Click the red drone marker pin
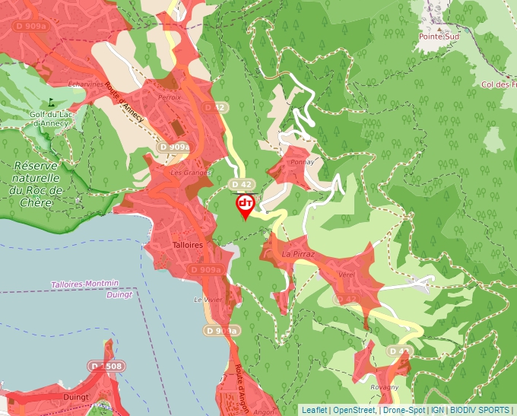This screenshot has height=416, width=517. click(245, 205)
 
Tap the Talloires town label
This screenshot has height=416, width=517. click(187, 245)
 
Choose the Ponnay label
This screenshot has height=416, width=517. click(302, 162)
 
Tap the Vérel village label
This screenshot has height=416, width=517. click(347, 274)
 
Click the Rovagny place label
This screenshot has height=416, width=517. click(384, 387)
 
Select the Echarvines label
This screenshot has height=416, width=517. click(86, 84)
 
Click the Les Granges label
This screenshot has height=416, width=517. click(190, 173)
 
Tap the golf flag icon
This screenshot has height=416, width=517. click(52, 100)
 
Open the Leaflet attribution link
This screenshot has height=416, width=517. click(314, 410)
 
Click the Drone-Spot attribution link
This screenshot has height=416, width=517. click(404, 410)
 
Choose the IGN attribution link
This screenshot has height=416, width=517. click(437, 410)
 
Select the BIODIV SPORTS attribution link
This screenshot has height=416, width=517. click(480, 410)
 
